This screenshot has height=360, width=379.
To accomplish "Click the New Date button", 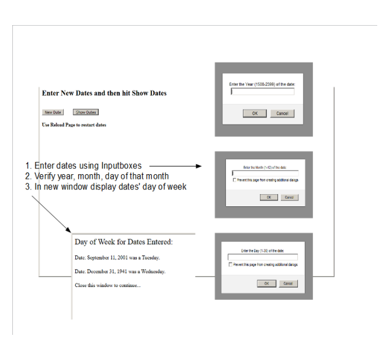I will pos(53,112).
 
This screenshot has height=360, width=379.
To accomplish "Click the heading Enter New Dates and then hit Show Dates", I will pos(104,93).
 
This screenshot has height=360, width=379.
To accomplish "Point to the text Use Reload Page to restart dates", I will pos(74,125).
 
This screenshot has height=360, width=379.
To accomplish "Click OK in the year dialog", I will pos(255,113).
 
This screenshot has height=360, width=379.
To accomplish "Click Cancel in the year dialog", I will pos(282,113).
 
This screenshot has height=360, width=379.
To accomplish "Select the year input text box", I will pos(262,92).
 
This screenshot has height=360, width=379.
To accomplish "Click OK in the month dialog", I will pos(269,198).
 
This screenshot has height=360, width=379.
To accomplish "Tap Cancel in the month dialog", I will pos(288,198).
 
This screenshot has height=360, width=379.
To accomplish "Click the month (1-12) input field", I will pos(265,174).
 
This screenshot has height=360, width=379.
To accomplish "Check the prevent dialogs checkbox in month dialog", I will pos(234,181).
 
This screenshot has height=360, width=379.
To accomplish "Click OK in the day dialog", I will pos(266,283).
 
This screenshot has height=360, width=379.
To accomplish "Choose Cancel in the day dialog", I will pos(287,283).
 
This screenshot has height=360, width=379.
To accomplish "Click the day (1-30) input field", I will pos(263,257).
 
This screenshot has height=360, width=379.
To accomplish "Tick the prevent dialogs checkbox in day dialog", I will pos(230,265).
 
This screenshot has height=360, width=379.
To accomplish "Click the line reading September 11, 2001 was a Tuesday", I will pos(117,257).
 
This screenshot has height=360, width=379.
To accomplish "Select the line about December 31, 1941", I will pos(120,271).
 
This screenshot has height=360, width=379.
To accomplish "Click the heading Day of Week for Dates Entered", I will pos(124,241).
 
